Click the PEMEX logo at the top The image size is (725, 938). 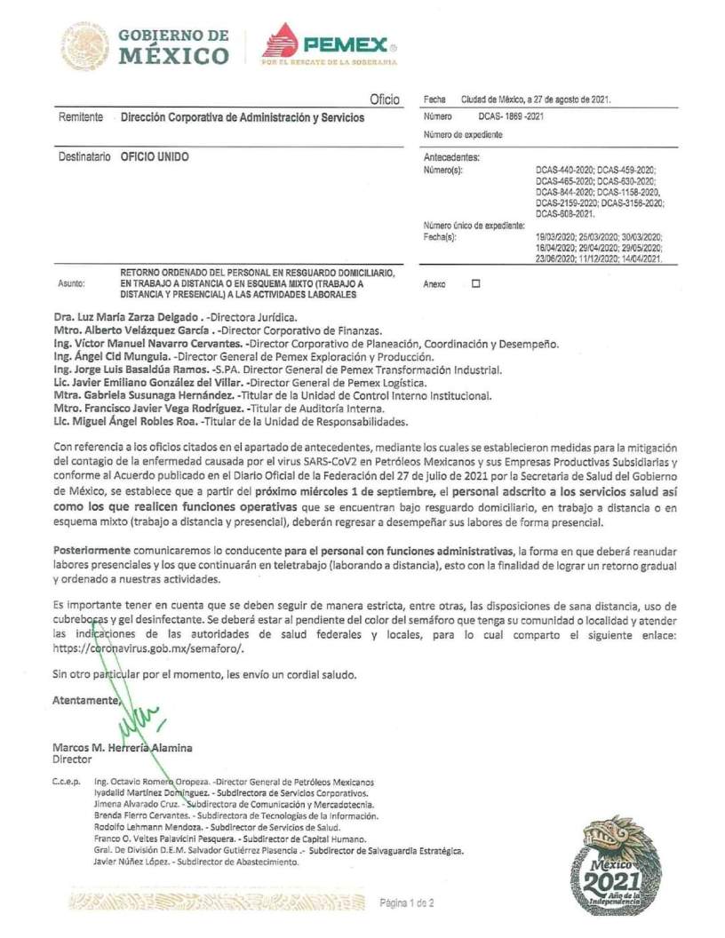(330, 44)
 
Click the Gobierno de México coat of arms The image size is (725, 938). (85, 46)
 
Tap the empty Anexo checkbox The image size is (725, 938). (475, 283)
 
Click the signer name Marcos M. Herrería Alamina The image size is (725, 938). (122, 748)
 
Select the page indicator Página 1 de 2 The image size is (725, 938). (407, 903)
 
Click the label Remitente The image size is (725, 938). (80, 117)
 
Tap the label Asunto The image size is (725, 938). (71, 283)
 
